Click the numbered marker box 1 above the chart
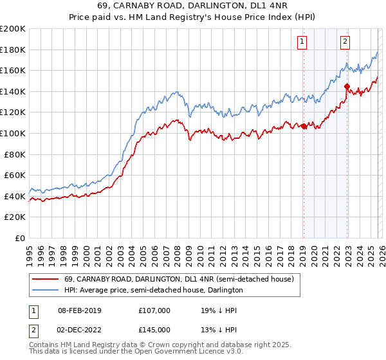point(302,42)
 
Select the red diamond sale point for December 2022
point(347,86)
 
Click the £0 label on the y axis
point(19,238)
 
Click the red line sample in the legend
point(46,279)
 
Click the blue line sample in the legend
point(46,291)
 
